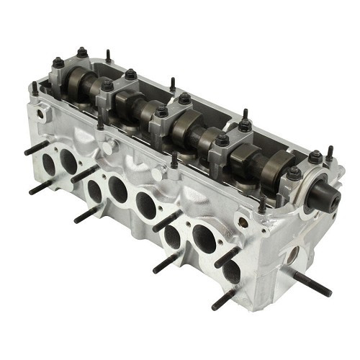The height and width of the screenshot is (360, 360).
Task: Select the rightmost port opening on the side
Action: pos(230,272)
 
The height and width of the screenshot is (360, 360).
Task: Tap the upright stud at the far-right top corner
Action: pos(329,153)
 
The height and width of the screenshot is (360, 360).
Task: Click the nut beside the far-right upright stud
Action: pos(315,156)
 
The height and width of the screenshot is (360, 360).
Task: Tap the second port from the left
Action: pos(69,163)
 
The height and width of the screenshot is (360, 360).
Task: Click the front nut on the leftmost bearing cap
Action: pos(58,63)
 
